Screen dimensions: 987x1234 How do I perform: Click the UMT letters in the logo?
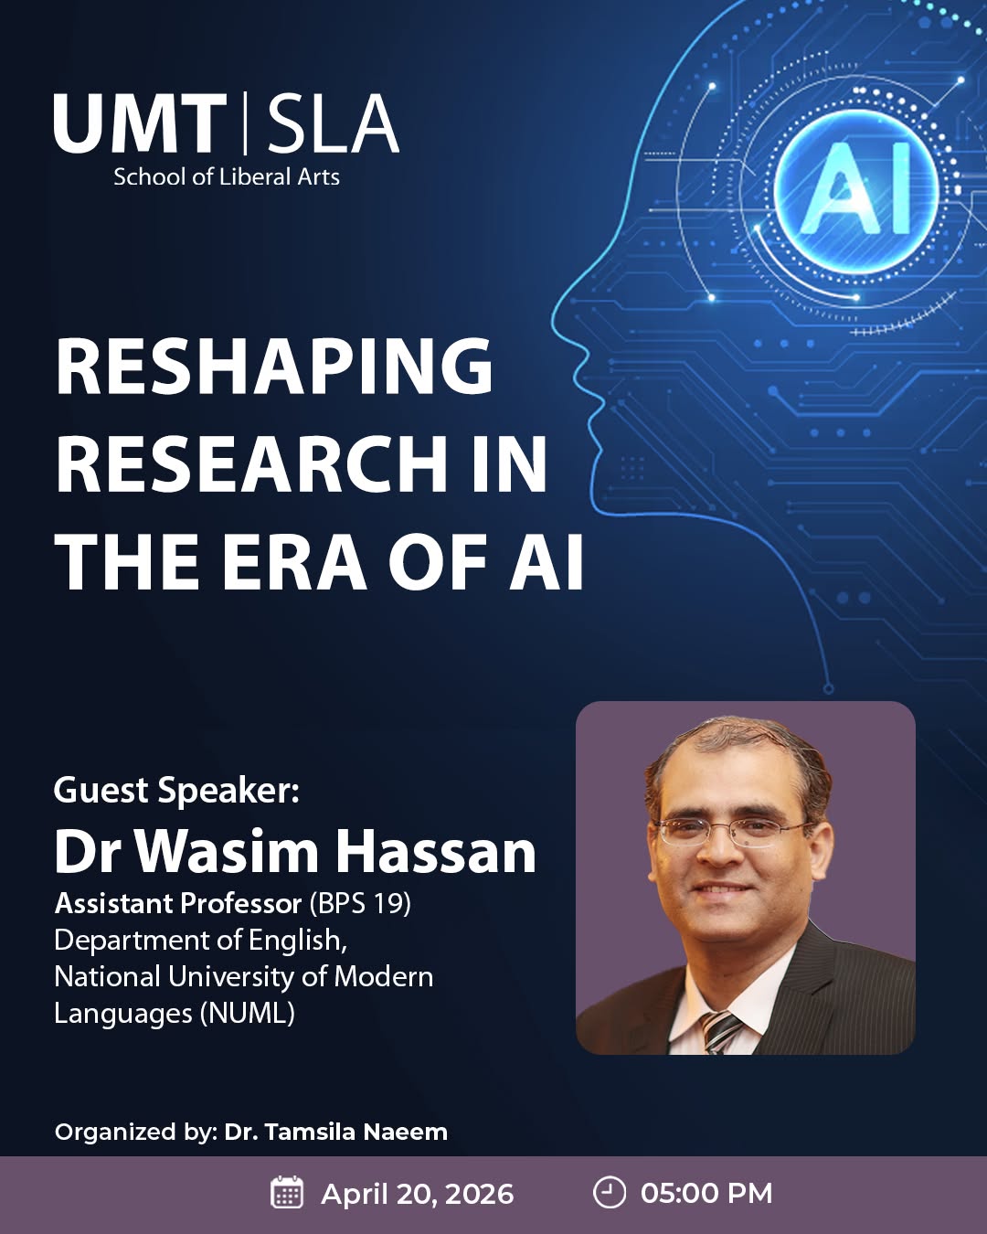(x=140, y=123)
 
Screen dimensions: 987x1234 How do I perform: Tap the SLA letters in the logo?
(x=333, y=123)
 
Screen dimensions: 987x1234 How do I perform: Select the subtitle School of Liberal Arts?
(x=227, y=177)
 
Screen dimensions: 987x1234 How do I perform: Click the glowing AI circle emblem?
(x=855, y=190)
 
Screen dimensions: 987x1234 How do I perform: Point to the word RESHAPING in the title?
(x=274, y=367)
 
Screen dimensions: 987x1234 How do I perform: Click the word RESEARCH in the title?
(x=250, y=463)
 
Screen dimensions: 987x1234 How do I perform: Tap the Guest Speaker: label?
(x=176, y=791)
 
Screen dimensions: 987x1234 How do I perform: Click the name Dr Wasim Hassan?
(x=295, y=852)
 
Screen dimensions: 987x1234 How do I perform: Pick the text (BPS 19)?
(x=360, y=904)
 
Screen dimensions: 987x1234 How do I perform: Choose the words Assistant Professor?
(x=178, y=904)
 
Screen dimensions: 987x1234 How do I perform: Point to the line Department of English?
(x=201, y=941)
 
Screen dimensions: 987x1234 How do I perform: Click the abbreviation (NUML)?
(x=247, y=1014)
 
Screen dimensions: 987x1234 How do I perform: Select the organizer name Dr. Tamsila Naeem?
(x=336, y=1133)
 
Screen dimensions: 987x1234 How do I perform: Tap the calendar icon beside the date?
(x=287, y=1192)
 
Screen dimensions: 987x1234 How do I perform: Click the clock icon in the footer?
(x=609, y=1192)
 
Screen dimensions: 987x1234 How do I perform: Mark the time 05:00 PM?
(x=706, y=1193)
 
